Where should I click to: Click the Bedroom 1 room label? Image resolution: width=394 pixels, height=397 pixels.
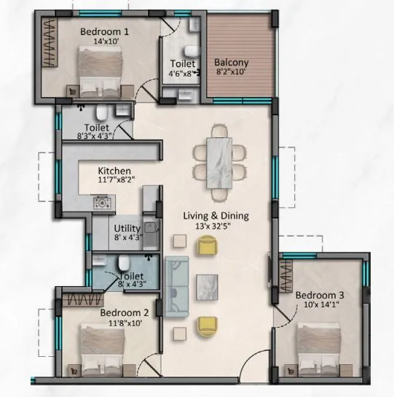point(103,31)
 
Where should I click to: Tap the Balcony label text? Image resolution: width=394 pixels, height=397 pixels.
point(232,63)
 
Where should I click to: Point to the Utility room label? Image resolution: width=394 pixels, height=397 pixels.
point(127,228)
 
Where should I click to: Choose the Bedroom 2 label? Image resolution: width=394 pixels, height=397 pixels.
point(124,312)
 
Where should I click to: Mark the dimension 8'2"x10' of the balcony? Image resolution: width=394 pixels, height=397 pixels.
point(232,73)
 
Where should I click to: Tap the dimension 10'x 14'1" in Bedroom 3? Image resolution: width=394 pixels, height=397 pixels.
point(319,306)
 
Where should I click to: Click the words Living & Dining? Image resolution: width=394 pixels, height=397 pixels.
point(216,216)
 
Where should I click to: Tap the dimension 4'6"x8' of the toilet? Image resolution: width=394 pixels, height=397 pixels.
point(182,72)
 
